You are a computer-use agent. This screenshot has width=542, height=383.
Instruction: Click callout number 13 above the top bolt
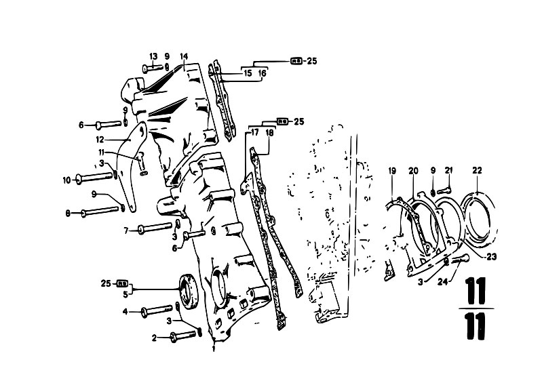click(153, 56)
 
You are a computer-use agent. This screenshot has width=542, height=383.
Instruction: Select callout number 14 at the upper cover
click(184, 56)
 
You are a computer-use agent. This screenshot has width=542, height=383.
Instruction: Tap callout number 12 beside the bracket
click(100, 140)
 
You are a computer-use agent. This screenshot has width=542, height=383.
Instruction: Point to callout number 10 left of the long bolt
click(66, 180)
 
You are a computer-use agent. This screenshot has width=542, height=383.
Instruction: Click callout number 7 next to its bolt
click(126, 230)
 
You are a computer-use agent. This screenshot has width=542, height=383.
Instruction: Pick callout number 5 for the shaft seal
click(125, 294)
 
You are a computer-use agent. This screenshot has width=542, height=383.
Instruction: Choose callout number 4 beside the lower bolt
click(125, 312)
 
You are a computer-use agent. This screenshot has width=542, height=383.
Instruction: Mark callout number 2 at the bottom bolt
click(154, 338)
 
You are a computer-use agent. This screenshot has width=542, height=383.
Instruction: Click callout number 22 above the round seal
click(477, 170)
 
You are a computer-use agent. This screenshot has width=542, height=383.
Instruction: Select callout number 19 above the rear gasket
click(392, 171)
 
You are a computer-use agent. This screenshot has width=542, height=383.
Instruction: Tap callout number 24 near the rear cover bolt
click(442, 282)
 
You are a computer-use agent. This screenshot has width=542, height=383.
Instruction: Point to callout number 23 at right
click(492, 257)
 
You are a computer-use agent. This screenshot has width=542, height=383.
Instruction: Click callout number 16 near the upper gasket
click(263, 73)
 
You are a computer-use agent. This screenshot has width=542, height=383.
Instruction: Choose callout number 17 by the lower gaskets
click(255, 133)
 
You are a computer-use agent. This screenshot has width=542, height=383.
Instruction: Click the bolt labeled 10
click(94, 178)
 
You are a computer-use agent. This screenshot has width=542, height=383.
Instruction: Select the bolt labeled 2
click(183, 336)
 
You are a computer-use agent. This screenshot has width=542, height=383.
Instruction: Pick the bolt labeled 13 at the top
click(152, 68)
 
